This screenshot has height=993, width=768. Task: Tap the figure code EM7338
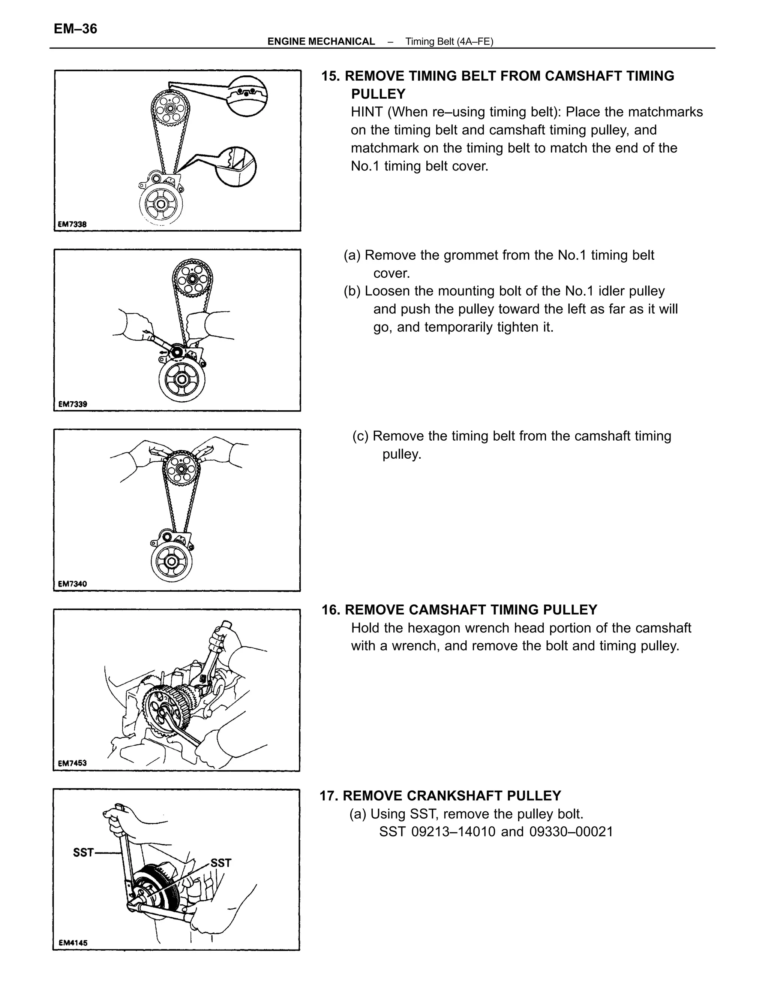(72, 224)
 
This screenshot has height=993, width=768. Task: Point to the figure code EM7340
(72, 583)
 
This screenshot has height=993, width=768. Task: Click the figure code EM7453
(72, 763)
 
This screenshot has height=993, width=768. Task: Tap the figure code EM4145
(73, 942)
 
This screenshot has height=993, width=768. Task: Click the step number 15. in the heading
(331, 76)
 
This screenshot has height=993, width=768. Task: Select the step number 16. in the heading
(331, 610)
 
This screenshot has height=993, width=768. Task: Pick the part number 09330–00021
(571, 831)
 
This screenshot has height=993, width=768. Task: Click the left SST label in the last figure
(83, 852)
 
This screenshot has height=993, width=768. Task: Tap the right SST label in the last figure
(221, 863)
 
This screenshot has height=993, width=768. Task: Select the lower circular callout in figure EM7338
(235, 166)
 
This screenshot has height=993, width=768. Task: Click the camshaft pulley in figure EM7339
(192, 279)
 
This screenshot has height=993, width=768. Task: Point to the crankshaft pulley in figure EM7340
(171, 562)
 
